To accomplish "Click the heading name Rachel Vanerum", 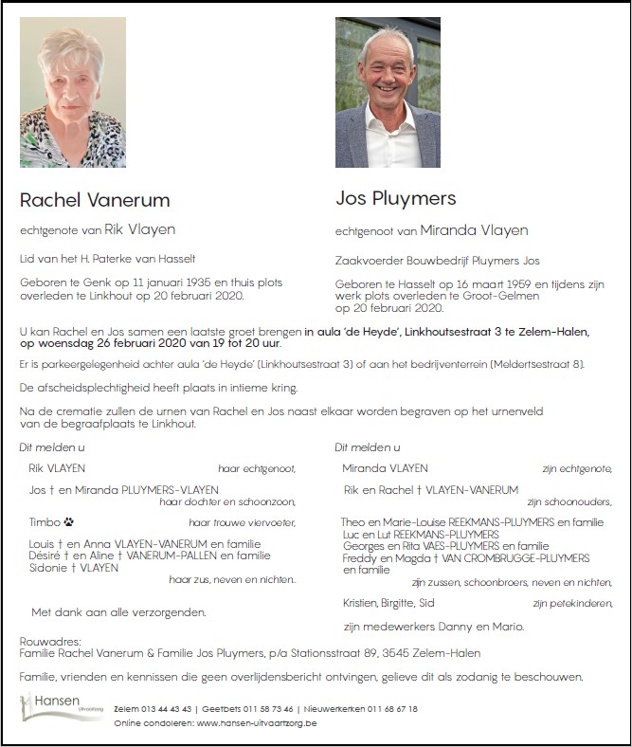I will [95, 200].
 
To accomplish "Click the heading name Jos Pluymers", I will [395, 198].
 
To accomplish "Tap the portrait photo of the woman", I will [73, 92].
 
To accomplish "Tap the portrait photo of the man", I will [388, 92].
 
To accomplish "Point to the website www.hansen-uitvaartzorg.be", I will [256, 723].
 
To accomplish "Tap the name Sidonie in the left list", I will [48, 568].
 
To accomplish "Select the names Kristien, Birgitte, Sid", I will [388, 603].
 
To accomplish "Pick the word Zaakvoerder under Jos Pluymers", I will [369, 261].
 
